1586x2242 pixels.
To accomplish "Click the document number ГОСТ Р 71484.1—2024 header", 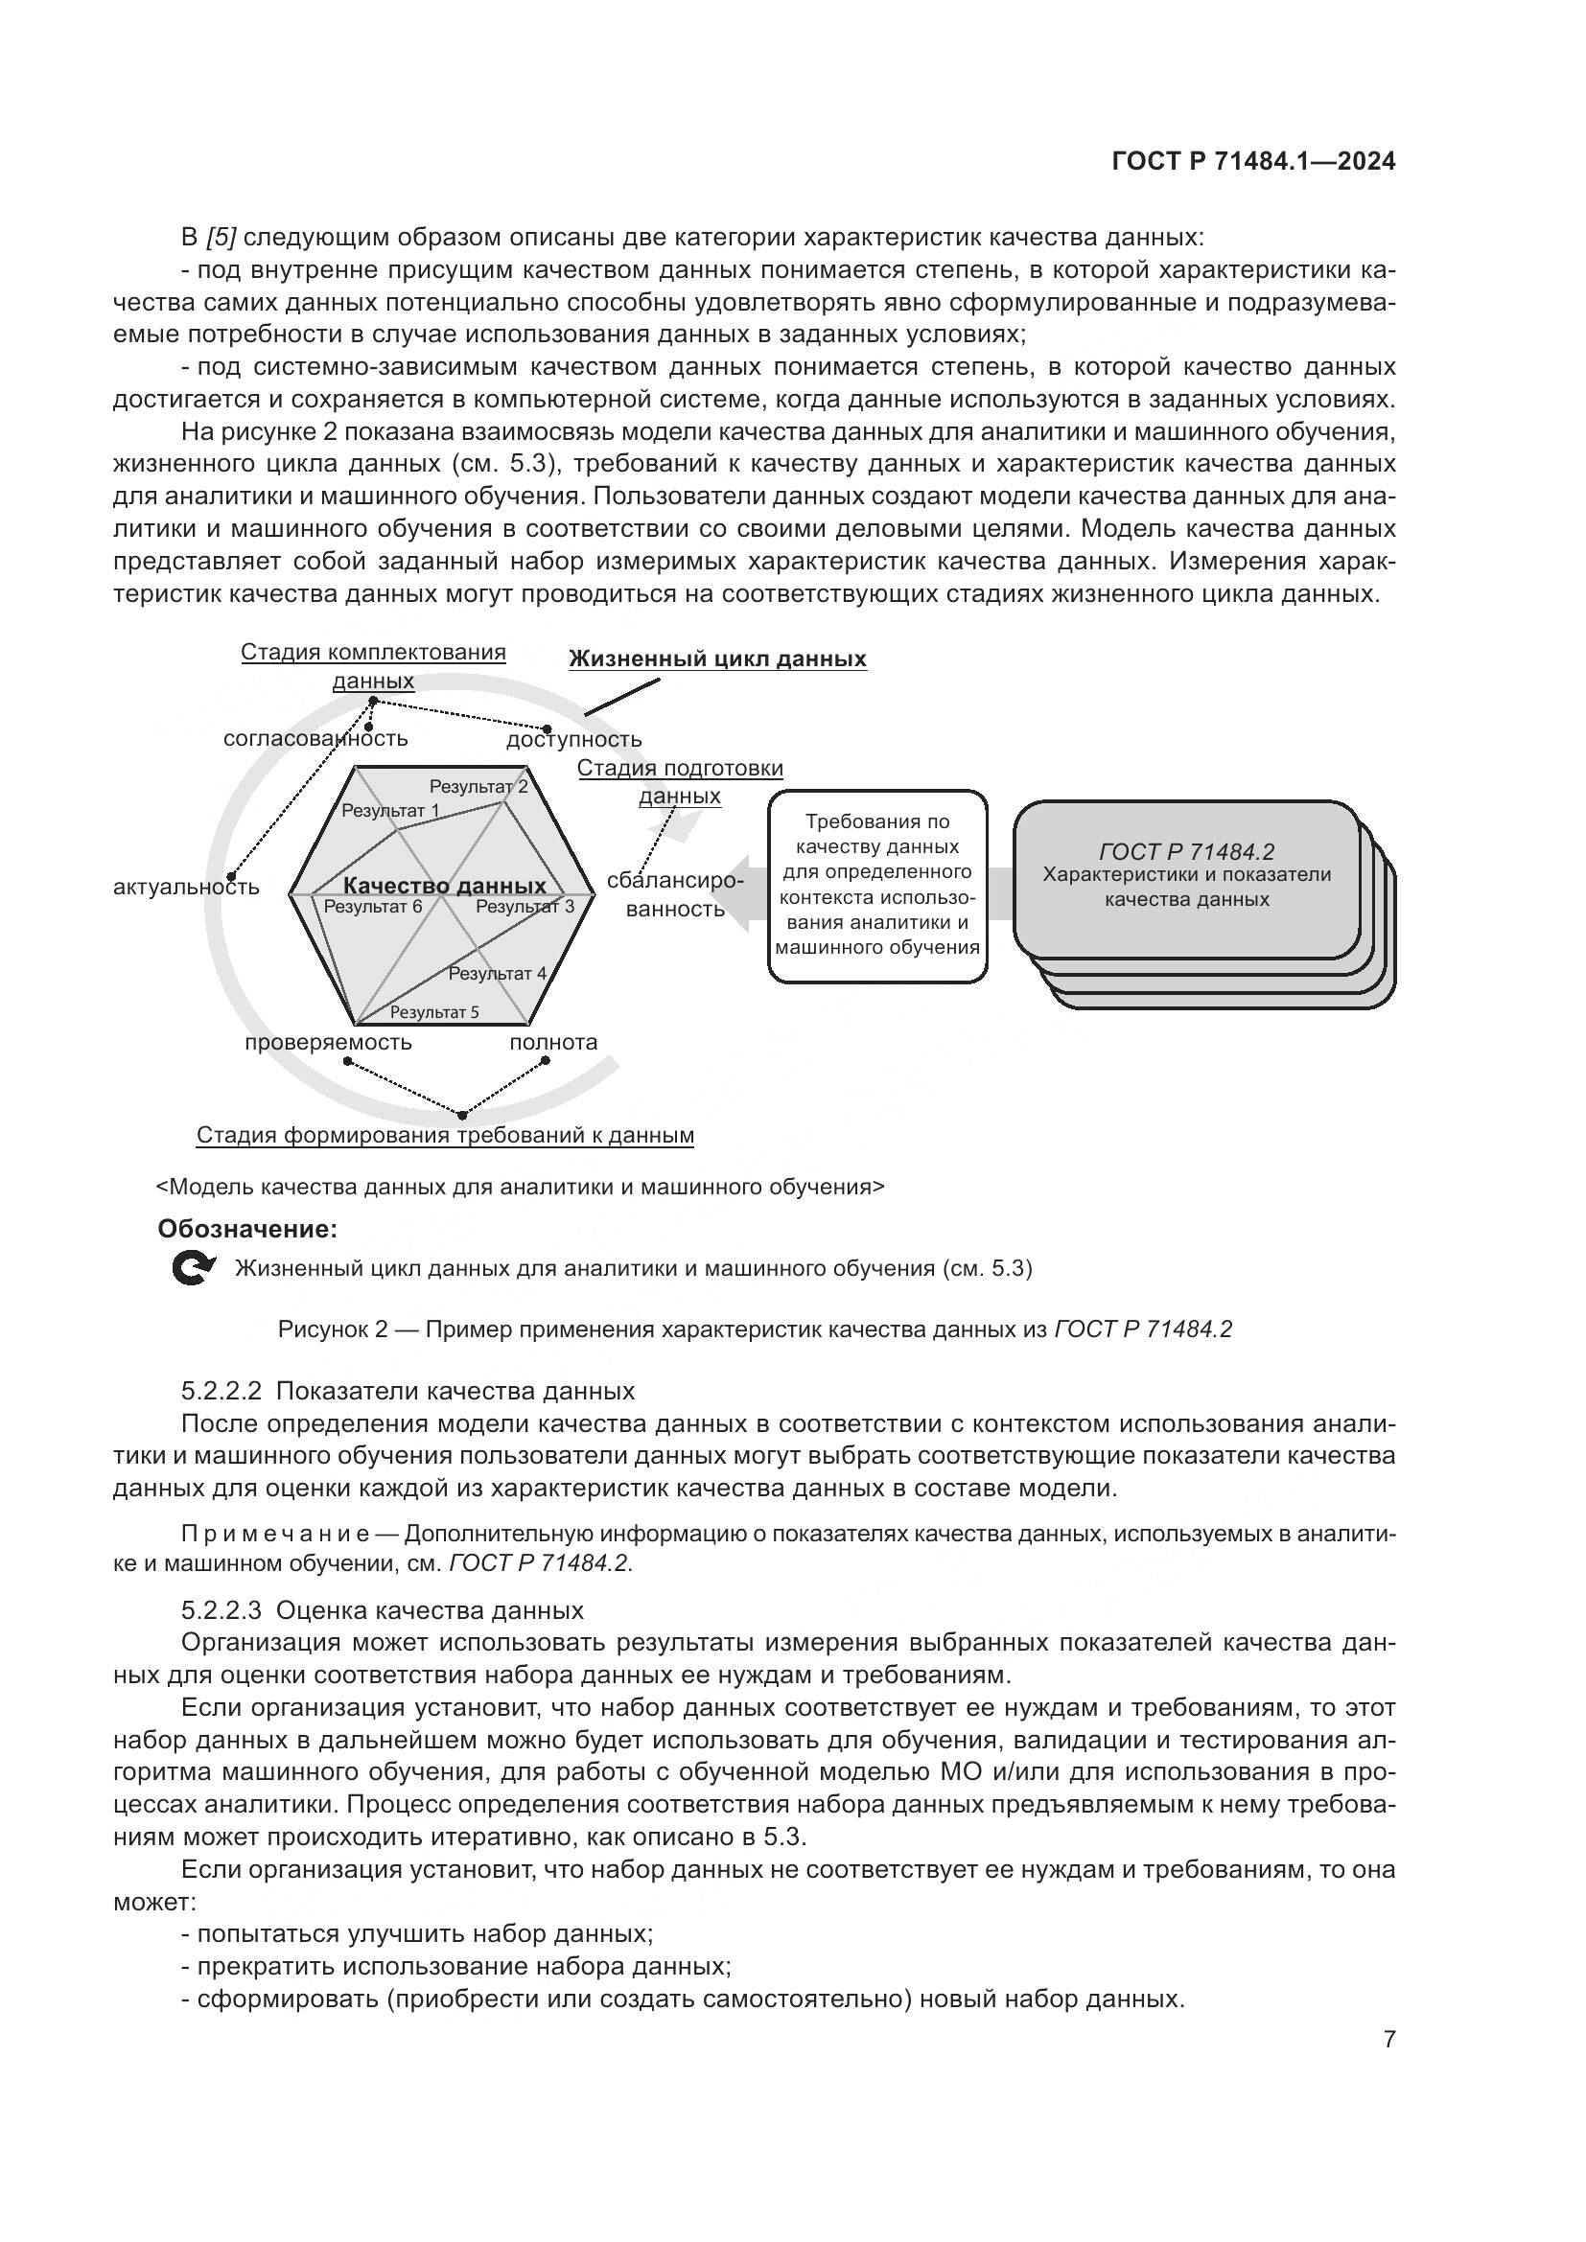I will (1253, 162).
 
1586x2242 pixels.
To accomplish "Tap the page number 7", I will (1388, 2039).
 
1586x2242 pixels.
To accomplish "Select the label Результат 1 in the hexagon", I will (389, 811).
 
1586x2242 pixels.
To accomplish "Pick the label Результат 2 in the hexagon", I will (478, 786).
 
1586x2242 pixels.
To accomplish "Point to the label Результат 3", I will (525, 906).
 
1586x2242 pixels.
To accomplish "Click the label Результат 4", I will (497, 973).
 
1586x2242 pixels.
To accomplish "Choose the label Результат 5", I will (433, 1011).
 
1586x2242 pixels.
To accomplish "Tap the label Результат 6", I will (373, 906).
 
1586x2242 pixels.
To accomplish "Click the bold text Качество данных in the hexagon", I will (444, 886).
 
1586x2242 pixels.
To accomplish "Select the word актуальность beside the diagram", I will (187, 887).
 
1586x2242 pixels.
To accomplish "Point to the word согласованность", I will (315, 738).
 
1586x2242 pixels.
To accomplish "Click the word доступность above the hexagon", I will (574, 740).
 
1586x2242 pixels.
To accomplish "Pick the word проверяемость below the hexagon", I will (328, 1042).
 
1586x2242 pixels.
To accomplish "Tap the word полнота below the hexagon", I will (552, 1042).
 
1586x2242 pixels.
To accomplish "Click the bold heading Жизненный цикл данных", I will (717, 659).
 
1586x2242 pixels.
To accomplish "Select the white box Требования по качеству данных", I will (877, 885).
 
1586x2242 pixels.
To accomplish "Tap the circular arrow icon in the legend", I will (193, 1268).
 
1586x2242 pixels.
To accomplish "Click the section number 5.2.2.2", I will (222, 1391).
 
